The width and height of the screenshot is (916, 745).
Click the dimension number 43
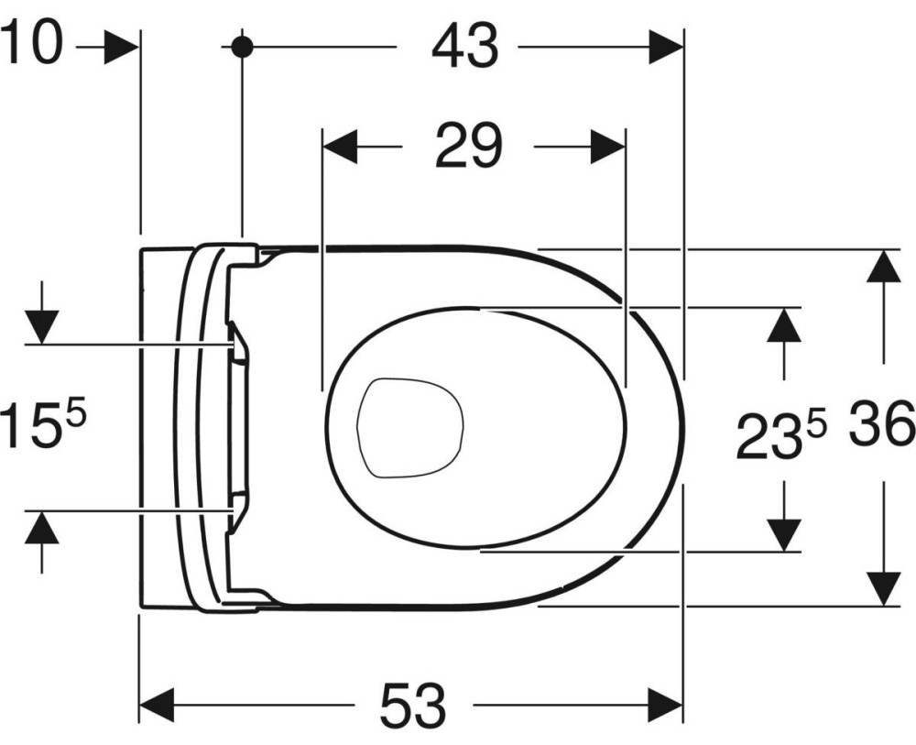tap(465, 48)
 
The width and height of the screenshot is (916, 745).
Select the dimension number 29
tap(468, 146)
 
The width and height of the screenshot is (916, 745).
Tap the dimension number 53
tap(413, 705)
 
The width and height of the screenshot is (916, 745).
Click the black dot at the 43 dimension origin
tap(242, 46)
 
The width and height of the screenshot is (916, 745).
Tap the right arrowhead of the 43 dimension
tap(666, 48)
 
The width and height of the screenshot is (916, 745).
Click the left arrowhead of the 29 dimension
tap(340, 147)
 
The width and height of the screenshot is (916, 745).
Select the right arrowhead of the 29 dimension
tap(607, 147)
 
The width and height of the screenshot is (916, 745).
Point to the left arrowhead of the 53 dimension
tap(158, 705)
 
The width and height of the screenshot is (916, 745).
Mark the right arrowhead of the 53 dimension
tap(666, 705)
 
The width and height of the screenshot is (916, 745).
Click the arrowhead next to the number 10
tap(122, 48)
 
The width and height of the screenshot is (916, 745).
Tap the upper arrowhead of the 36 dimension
tap(883, 266)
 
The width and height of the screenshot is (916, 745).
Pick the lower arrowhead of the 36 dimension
tap(883, 589)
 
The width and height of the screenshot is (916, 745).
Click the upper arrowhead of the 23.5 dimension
tap(783, 324)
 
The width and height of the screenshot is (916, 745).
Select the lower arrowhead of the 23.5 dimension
tap(783, 534)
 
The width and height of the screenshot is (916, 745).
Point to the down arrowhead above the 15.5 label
tap(41, 328)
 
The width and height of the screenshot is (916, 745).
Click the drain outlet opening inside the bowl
tap(410, 427)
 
